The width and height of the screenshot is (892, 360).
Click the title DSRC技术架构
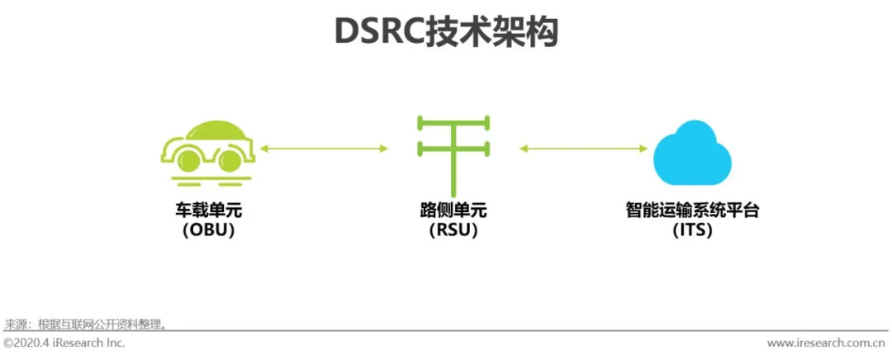pos(446,33)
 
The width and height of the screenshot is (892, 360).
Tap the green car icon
pos(208,149)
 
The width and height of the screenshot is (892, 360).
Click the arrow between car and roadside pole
pos(324,149)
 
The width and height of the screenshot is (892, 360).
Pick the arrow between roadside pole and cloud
pos(583,149)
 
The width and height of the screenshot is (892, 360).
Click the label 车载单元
pos(209,211)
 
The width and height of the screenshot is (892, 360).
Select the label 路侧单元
pos(453,211)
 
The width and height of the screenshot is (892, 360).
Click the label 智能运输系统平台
pos(692,211)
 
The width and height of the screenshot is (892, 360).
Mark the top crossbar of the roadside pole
pos(453,124)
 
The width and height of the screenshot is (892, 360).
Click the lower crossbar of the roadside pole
pos(453,149)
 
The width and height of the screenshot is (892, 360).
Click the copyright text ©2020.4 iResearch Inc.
pos(64,343)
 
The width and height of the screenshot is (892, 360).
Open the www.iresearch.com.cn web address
pos(827,343)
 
